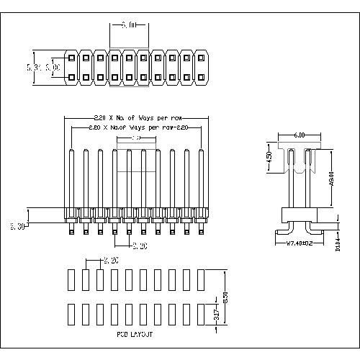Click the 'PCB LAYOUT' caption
(x=134, y=335)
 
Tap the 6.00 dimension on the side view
(x=300, y=135)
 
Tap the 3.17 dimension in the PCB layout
(x=217, y=313)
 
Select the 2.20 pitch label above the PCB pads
(x=112, y=260)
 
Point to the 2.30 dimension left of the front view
(x=17, y=226)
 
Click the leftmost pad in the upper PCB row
(x=71, y=279)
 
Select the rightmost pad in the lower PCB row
(x=201, y=314)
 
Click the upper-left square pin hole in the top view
(x=71, y=57)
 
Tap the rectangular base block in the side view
(x=300, y=213)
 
